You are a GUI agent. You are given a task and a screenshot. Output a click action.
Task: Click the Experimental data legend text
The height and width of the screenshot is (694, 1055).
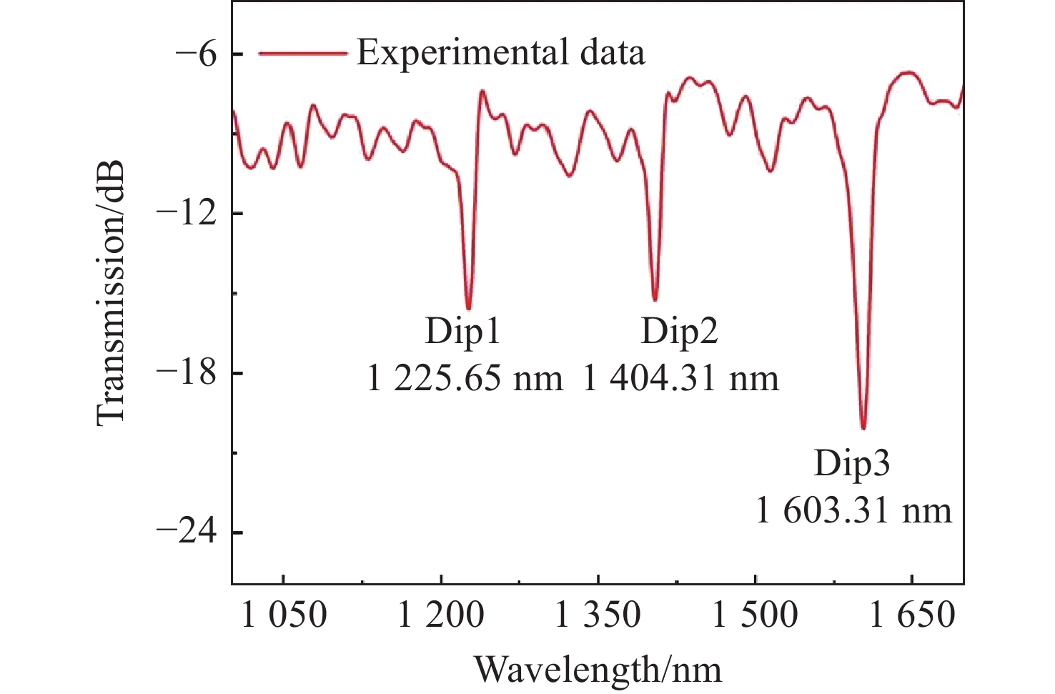[500, 53]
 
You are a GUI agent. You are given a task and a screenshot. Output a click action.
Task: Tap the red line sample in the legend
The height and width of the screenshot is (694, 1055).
[302, 53]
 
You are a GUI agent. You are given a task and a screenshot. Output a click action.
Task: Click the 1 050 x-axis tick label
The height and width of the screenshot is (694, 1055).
[284, 615]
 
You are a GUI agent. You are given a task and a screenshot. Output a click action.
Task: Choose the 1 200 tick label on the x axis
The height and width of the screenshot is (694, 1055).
[441, 615]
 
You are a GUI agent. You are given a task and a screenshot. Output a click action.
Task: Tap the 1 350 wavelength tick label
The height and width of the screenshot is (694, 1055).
[598, 615]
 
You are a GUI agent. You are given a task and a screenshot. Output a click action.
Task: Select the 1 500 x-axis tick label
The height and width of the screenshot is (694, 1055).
[755, 615]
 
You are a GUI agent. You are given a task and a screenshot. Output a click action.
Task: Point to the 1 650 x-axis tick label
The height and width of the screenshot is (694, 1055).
[912, 615]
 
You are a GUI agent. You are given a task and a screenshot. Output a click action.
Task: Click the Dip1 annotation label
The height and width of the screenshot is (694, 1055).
[463, 332]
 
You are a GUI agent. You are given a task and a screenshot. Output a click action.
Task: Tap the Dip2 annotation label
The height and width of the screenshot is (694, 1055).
[679, 332]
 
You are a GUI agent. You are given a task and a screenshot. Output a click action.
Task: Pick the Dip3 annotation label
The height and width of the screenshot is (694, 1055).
[852, 464]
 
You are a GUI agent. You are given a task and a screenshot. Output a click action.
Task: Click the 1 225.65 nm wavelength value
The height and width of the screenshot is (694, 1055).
[465, 377]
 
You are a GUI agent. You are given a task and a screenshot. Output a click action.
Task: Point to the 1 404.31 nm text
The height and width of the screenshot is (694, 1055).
[680, 377]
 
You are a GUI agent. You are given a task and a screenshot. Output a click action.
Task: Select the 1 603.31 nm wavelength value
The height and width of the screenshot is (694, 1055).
[853, 510]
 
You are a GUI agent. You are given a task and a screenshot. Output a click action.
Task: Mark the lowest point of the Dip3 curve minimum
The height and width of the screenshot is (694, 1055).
[863, 428]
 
